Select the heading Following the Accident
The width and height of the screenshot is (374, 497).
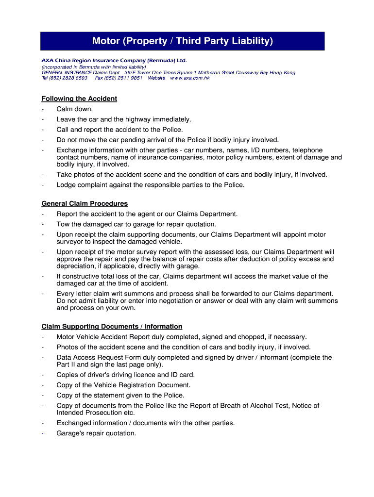pyautogui.click(x=79, y=99)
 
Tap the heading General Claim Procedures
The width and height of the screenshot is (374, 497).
pyautogui.click(x=85, y=203)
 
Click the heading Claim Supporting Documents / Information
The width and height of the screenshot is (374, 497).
pyautogui.click(x=112, y=327)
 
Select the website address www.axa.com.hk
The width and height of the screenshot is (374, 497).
pyautogui.click(x=190, y=78)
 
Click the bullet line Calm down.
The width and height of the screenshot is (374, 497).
pyautogui.click(x=74, y=109)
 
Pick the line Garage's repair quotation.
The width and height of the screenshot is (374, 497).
pyautogui.click(x=96, y=433)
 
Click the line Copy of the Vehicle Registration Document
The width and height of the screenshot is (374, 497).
pyautogui.click(x=123, y=385)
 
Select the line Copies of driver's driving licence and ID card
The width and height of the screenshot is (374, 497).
pyautogui.click(x=125, y=375)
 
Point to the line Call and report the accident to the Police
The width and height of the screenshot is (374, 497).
pyautogui.click(x=119, y=130)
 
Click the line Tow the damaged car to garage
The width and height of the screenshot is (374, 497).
pyautogui.click(x=136, y=224)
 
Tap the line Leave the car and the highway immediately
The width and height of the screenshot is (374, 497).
pyautogui.click(x=124, y=119)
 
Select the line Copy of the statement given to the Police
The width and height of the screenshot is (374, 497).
pyautogui.click(x=120, y=395)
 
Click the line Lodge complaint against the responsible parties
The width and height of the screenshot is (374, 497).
pyautogui.click(x=151, y=185)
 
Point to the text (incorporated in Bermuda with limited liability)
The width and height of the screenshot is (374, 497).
pyautogui.click(x=94, y=67)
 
